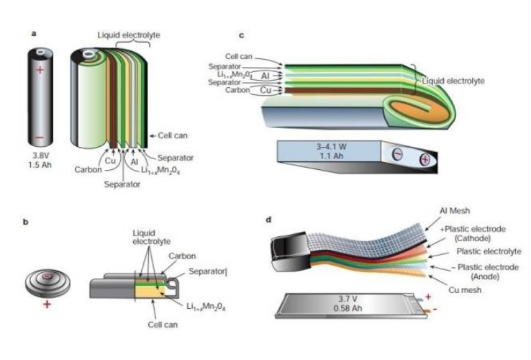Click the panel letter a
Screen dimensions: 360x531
[x=34, y=33]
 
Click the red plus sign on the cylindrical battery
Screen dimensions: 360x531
[x=40, y=70]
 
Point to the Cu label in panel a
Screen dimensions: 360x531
[x=110, y=162]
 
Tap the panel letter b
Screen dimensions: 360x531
[x=27, y=222]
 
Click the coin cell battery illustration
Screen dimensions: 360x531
[x=47, y=278]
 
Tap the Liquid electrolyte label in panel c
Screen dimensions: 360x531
[x=453, y=81]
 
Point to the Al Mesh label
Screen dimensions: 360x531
[x=455, y=211]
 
